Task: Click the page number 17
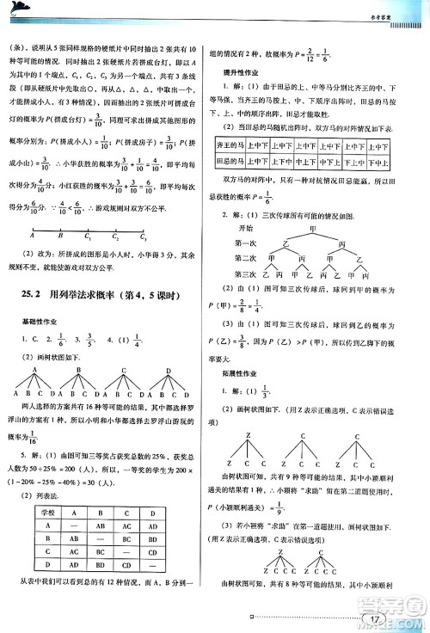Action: pyautogui.click(x=373, y=617)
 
